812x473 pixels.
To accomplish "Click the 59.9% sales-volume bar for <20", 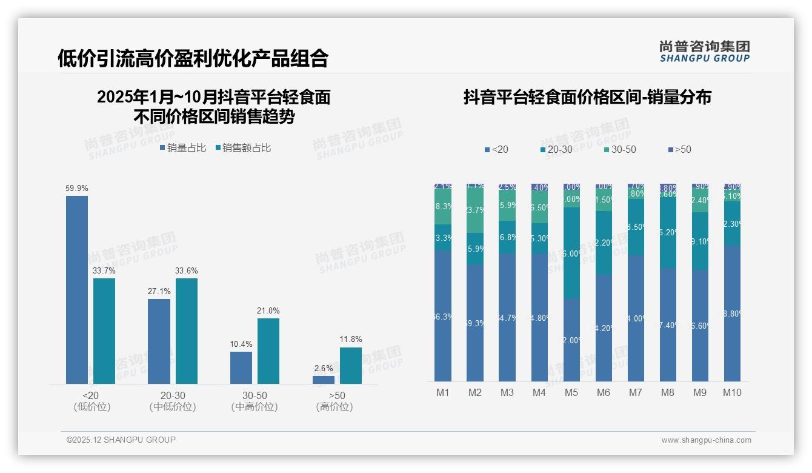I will coord(77,289).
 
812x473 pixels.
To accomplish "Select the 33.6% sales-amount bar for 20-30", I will coord(187,330).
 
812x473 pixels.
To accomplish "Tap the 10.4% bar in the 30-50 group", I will coord(241,367).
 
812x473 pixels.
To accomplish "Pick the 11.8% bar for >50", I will coord(351,365).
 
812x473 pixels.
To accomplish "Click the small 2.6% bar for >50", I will coord(324,380).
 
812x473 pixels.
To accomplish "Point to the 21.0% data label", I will coord(268,311).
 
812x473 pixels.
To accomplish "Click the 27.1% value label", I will coord(159,292).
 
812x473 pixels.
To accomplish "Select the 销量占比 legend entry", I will coord(183,148).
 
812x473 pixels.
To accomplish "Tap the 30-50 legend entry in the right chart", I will coord(619,150).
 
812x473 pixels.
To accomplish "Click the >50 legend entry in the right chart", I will coord(679,150).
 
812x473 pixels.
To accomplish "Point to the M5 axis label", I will coord(571,392).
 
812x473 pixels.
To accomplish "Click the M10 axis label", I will coord(732,392).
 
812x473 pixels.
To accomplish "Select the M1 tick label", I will coord(443,392).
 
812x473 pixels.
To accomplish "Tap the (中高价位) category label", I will coord(255,407).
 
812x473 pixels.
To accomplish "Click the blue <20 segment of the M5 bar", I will coord(571,340).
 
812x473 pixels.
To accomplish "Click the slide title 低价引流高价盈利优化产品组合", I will coord(193,58).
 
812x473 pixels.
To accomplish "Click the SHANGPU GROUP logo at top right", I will coord(704,52).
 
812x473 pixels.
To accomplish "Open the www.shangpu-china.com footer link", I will coord(706,440).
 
